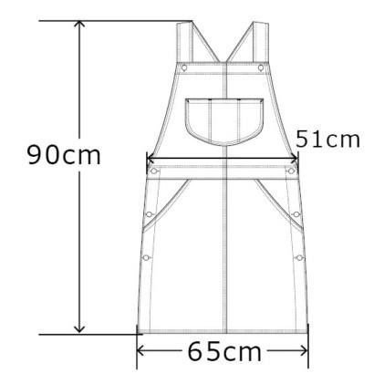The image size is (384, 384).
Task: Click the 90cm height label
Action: click(x=64, y=155)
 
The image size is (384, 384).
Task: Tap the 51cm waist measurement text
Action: click(x=327, y=140)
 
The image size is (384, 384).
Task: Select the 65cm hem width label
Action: click(x=224, y=352)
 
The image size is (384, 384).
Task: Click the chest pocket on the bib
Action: click(x=224, y=121)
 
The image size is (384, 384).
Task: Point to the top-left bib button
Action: click(x=184, y=67)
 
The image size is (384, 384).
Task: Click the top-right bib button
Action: click(x=261, y=67)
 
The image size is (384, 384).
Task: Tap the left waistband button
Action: click(x=154, y=171)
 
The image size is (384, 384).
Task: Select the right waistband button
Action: click(x=291, y=171)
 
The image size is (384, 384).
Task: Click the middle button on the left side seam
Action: click(x=149, y=214)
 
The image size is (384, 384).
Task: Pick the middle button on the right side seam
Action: click(x=296, y=214)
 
